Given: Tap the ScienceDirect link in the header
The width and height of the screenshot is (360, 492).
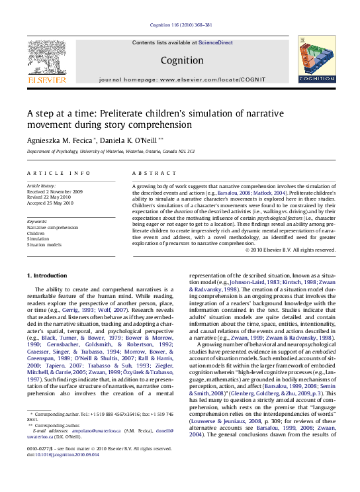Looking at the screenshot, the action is coord(217,42).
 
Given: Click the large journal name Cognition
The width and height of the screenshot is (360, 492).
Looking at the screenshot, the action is coord(181,61).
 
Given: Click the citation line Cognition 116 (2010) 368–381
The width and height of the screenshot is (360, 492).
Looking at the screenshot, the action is coord(181,25).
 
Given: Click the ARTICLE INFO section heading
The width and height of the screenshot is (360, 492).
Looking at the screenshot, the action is coord(59,173).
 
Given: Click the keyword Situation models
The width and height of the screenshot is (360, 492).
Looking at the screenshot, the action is coord(45,245).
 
